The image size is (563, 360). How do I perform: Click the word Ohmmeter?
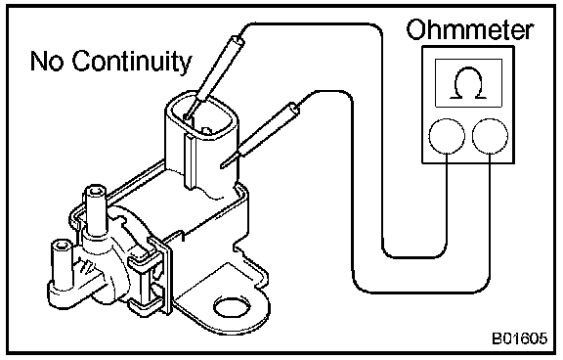click(470, 29)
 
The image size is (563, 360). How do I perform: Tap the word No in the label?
click(47, 61)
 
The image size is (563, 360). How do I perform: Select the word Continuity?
click(132, 62)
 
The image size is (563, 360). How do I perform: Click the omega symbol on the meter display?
click(468, 82)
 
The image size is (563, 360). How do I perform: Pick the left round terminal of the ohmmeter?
click(447, 136)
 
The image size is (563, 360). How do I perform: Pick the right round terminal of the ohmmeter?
click(490, 136)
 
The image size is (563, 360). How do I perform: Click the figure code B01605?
click(520, 338)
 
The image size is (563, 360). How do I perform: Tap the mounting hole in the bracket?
click(232, 306)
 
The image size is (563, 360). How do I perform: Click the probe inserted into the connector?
click(214, 77)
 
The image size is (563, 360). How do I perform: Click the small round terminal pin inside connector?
click(206, 130)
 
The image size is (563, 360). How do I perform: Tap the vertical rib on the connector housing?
click(190, 161)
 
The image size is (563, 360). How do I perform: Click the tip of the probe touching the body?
click(221, 167)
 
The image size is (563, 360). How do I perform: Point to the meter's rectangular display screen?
click(468, 83)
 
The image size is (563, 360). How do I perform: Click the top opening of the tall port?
click(95, 190)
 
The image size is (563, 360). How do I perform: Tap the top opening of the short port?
click(62, 245)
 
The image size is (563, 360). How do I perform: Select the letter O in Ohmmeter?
click(415, 29)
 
